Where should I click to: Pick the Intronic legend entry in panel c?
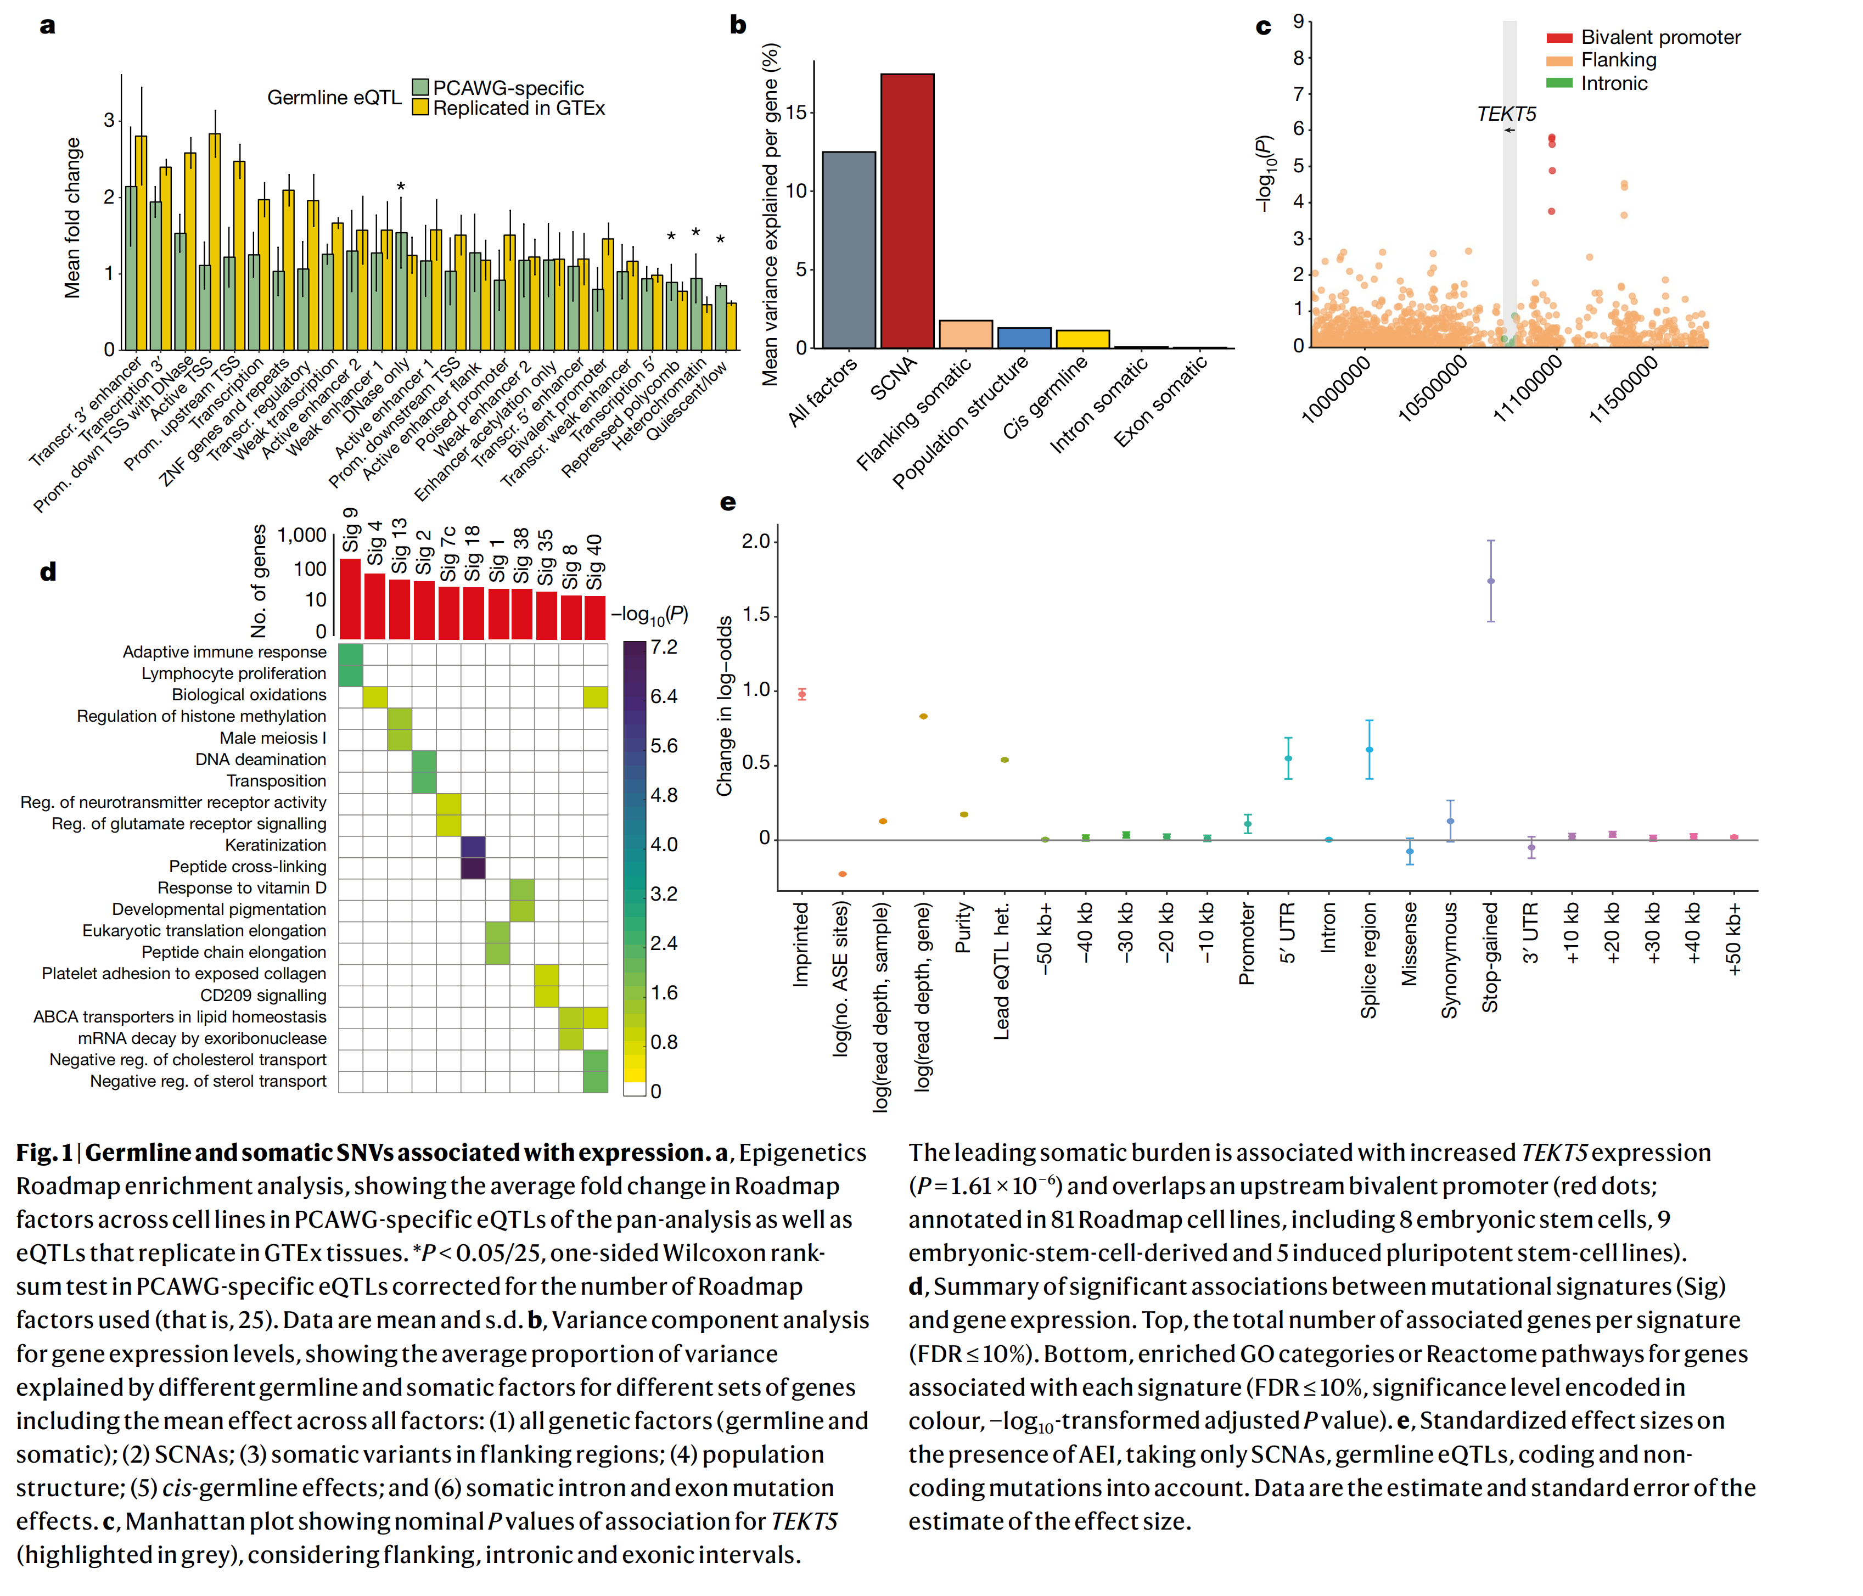[x=1613, y=83]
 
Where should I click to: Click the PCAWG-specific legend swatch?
[x=420, y=87]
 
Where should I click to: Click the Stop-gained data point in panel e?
[x=1491, y=581]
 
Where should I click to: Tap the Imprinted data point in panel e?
[x=802, y=694]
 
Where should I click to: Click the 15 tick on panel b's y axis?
[x=796, y=113]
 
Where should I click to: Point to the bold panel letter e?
[x=727, y=503]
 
